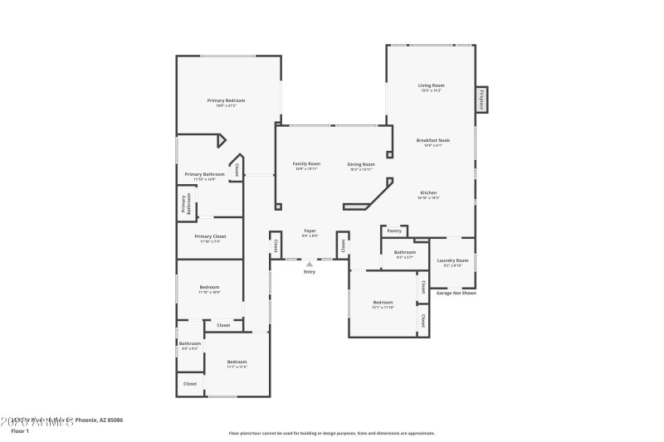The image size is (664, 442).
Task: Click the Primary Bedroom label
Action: (226, 100)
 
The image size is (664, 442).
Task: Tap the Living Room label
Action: (431, 85)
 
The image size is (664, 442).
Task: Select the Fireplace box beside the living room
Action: (481, 99)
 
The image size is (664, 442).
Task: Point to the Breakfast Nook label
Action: (432, 141)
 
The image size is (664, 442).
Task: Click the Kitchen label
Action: (428, 192)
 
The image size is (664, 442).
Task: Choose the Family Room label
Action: (306, 164)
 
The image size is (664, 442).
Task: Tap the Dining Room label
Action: (361, 164)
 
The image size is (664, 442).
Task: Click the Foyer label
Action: (310, 231)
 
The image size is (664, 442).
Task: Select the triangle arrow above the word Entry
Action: (310, 264)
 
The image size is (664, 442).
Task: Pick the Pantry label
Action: (394, 231)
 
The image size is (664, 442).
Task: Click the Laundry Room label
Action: (452, 260)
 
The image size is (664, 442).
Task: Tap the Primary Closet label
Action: (210, 236)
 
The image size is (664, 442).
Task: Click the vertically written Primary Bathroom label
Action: (187, 204)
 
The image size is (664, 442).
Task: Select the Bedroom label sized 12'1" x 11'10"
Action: (383, 303)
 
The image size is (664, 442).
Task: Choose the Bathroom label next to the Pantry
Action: (405, 252)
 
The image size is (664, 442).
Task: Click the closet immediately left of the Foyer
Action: (274, 245)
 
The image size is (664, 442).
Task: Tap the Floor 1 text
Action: (20, 431)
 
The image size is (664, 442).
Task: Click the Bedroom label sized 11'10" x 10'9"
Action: (209, 287)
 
